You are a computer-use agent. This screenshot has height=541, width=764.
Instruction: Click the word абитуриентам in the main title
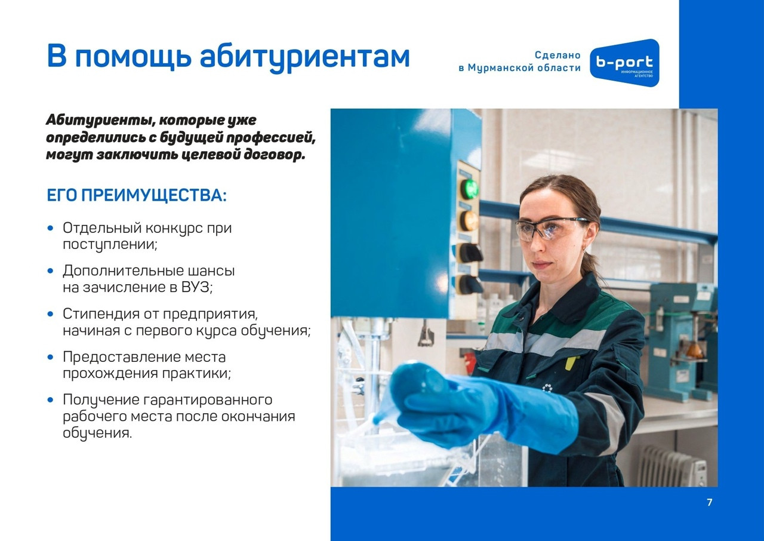(304, 58)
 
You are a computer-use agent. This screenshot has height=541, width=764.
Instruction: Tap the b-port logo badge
(624, 63)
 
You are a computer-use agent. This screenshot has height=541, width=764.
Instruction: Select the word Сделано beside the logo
(557, 56)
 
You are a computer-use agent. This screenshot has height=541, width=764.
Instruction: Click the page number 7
(710, 502)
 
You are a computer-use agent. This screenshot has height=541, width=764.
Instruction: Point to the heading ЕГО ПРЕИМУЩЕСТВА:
(137, 196)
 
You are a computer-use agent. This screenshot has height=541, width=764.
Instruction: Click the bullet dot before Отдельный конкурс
(51, 228)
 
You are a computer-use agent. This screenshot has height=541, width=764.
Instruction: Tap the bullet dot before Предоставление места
(51, 358)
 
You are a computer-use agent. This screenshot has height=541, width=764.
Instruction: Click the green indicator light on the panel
(469, 189)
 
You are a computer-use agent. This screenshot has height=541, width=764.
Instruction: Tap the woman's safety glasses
(549, 228)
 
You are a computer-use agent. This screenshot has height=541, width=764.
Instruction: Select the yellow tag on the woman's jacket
(572, 363)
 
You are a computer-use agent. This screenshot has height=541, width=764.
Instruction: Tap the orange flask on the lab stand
(694, 351)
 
